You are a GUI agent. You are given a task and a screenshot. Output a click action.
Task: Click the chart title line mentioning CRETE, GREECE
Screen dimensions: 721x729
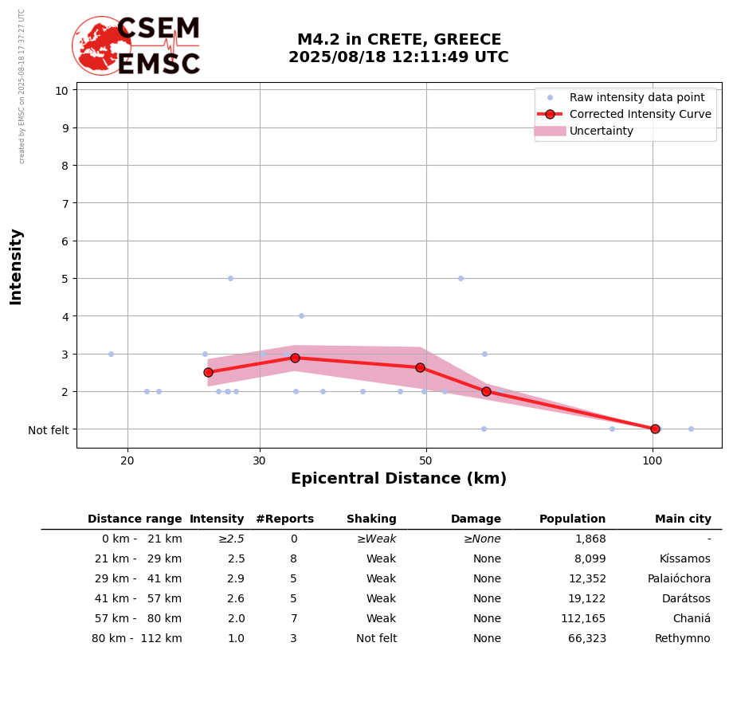398,40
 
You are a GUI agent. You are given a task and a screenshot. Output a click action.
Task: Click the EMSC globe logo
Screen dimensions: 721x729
101,45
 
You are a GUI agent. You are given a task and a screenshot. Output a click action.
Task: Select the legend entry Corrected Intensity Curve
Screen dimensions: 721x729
640,114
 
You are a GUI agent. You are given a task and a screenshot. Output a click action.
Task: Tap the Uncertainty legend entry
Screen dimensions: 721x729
601,131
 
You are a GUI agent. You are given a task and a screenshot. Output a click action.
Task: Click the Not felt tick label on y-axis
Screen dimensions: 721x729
48,430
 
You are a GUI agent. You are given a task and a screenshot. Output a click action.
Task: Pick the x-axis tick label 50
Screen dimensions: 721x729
425,460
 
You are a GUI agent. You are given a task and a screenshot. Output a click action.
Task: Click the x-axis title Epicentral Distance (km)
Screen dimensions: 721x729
398,479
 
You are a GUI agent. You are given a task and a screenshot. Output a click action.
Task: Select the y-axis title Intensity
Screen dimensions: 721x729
16,266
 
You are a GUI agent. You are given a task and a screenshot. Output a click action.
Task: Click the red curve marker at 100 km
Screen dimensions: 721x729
655,429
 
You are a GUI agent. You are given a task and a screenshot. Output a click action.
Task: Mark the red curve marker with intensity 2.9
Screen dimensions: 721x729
295,358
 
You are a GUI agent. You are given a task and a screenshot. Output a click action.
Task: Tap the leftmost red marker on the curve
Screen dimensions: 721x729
208,372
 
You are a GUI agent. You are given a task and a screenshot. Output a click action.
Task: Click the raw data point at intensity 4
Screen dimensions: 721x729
301,315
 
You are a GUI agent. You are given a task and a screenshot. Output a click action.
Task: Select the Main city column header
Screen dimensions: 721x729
683,519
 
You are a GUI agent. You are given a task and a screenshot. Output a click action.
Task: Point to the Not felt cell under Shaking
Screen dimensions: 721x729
376,639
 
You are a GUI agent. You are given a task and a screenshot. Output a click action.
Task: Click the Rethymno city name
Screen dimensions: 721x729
682,639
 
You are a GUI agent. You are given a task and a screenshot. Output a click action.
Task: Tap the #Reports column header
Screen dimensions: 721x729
284,519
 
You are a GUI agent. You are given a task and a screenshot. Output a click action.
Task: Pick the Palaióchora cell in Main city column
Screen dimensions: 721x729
679,579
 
